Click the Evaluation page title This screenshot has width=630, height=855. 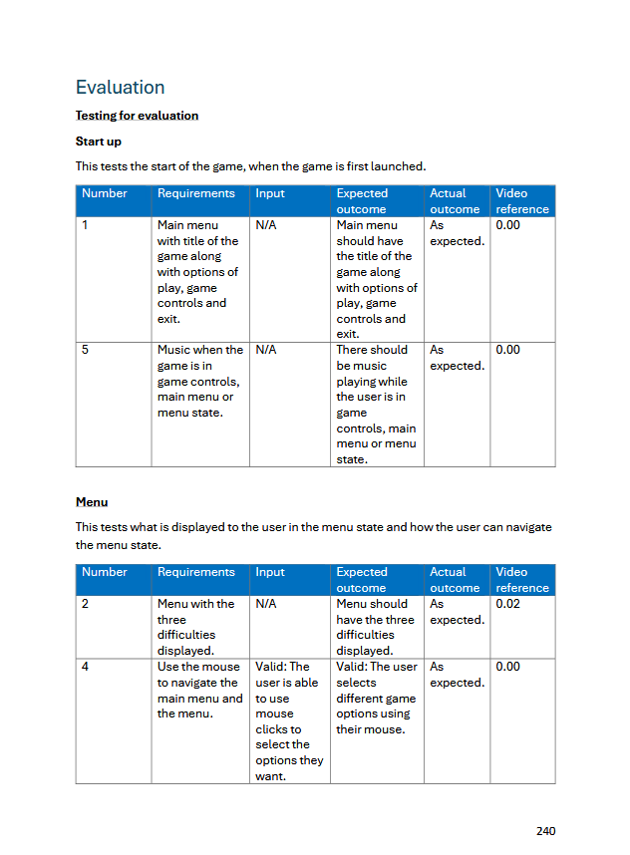120,88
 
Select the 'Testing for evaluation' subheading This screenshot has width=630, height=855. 137,116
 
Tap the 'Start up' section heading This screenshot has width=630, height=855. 99,142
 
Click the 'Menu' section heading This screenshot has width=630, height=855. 92,502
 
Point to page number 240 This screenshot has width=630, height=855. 545,831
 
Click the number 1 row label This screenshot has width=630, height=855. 86,225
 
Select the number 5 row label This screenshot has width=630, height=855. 86,350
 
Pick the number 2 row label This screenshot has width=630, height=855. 86,604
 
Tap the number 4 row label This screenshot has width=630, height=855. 86,667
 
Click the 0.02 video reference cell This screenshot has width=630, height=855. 507,604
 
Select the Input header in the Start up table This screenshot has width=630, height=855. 270,193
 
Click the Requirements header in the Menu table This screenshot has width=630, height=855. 196,572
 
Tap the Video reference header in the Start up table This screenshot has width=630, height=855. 522,201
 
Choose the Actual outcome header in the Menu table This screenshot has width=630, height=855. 455,580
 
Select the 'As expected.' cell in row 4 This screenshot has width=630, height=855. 457,675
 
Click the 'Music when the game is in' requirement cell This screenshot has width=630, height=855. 199,381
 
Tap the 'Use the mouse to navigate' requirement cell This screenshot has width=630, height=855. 199,691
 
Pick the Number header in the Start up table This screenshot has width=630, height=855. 105,193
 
